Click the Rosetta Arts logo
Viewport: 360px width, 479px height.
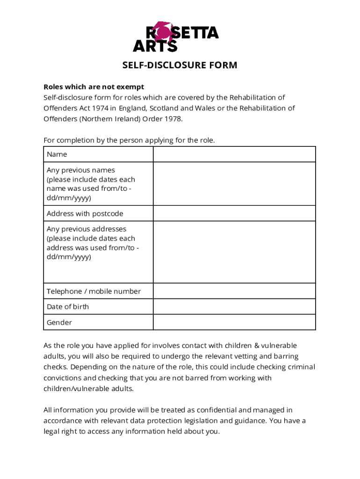[176, 37]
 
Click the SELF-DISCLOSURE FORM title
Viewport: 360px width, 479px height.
[180, 65]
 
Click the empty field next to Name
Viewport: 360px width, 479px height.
[234, 154]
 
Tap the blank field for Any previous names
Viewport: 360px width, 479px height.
[234, 184]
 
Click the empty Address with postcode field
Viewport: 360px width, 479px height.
[234, 214]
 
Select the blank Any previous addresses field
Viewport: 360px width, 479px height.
[234, 252]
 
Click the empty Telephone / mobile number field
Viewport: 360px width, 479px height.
[234, 291]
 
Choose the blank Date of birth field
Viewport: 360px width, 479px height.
[234, 307]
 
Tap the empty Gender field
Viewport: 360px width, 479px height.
[234, 322]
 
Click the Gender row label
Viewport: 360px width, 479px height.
[59, 322]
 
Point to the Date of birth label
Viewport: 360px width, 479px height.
[68, 307]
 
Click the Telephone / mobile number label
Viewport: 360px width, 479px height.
[94, 291]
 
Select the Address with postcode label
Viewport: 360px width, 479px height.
[85, 214]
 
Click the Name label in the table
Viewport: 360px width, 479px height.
[57, 154]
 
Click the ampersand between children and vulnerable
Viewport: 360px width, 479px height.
[256, 346]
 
